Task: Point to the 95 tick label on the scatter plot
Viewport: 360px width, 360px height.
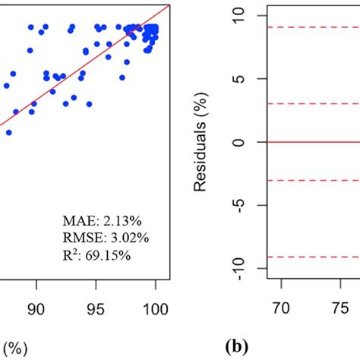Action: [x=96, y=310]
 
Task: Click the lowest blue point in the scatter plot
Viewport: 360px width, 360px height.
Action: [x=9, y=132]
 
